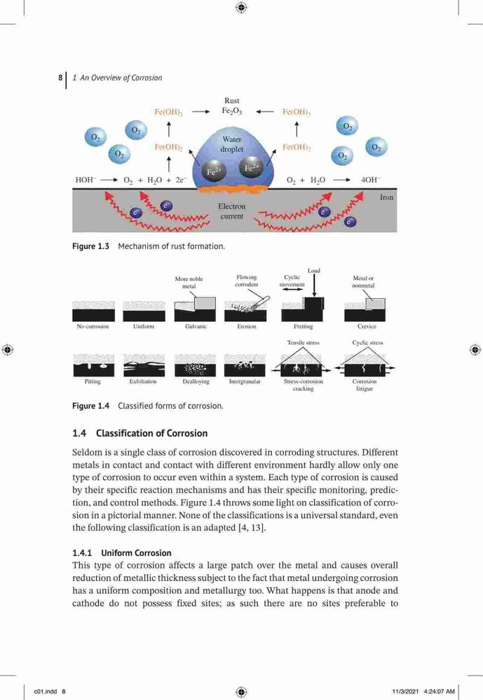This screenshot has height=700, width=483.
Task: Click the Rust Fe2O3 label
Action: click(231, 106)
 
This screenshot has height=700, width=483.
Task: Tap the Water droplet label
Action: click(231, 144)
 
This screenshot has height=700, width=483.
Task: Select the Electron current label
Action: click(231, 211)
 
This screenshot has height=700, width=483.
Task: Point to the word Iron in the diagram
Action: click(386, 197)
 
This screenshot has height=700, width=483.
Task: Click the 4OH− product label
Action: click(370, 179)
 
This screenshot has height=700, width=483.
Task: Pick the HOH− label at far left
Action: click(86, 179)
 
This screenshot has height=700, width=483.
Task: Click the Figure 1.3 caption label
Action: click(91, 246)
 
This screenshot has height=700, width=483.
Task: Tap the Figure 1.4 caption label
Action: click(91, 406)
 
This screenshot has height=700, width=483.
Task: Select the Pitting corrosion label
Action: click(93, 381)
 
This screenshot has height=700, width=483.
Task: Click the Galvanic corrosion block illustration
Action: click(195, 309)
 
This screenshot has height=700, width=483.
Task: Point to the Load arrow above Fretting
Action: click(314, 286)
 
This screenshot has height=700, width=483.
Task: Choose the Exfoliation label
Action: click(143, 381)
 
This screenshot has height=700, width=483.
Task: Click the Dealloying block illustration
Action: click(195, 365)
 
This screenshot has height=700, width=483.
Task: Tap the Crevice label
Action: click(367, 326)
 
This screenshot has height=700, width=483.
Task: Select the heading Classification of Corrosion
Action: click(151, 433)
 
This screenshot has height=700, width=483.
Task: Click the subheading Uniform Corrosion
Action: click(137, 553)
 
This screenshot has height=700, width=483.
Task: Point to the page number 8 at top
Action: click(60, 78)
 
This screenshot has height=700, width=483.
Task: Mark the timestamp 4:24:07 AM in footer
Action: click(439, 692)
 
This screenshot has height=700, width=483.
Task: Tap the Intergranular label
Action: click(245, 381)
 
